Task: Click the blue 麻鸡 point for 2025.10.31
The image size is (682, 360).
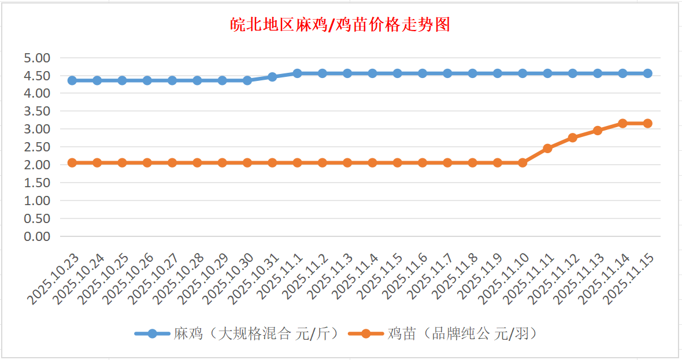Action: (x=272, y=77)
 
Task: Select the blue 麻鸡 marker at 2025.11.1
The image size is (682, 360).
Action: (x=297, y=73)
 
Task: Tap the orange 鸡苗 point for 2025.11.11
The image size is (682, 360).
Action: (x=547, y=149)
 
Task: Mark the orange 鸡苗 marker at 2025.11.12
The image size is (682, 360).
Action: (x=572, y=138)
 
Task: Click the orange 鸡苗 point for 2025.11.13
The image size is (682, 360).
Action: (x=598, y=131)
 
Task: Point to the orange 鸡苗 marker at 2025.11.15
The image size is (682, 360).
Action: (x=647, y=123)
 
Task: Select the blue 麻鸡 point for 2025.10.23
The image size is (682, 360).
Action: (x=72, y=80)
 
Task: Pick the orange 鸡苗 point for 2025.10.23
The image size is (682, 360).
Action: (x=72, y=162)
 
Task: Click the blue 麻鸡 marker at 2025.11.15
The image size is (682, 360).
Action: (x=647, y=73)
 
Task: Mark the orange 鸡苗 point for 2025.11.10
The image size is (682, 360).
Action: (x=522, y=162)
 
